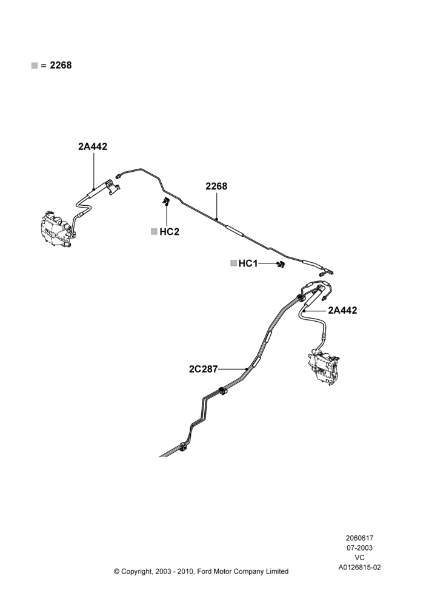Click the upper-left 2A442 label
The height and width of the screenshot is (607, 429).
tap(93, 146)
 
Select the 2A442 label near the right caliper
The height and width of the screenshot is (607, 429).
tap(342, 310)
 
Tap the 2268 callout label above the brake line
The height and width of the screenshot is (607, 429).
tap(216, 186)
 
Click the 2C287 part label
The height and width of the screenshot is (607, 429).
tap(204, 369)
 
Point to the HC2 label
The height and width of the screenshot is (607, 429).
tap(170, 232)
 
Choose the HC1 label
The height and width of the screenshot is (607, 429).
tap(248, 263)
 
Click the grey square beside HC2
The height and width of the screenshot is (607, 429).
tap(154, 231)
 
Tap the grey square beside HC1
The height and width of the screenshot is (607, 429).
tap(233, 263)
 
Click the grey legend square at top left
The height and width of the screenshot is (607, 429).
tap(35, 66)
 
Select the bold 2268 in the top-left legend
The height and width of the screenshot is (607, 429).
tap(61, 65)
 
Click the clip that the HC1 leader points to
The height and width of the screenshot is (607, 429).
tap(281, 264)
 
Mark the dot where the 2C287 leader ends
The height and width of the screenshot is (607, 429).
tap(246, 369)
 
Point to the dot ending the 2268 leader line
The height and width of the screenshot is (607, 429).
tap(217, 219)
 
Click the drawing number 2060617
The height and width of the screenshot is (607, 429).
tap(359, 538)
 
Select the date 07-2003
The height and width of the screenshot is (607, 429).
tap(359, 548)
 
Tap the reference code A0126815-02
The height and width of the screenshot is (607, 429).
tap(359, 568)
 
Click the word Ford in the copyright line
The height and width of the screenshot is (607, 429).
tap(205, 571)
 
